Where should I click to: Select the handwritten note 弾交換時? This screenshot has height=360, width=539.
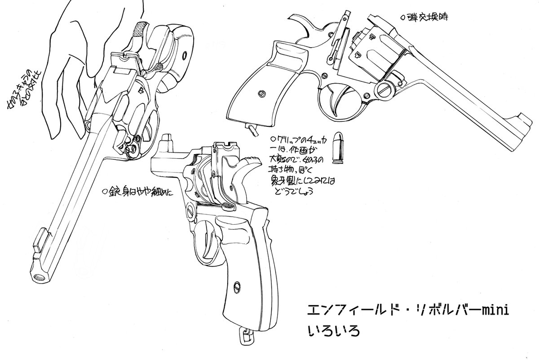tap(424, 18)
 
